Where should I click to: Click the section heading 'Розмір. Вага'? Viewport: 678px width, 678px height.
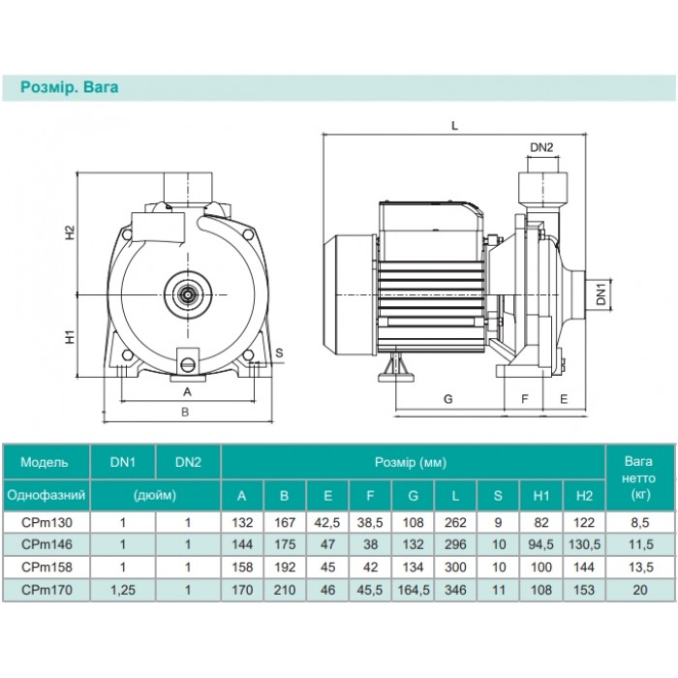tap(69, 87)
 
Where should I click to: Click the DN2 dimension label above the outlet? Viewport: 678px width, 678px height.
tap(541, 147)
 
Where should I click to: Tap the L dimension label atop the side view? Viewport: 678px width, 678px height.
tap(454, 126)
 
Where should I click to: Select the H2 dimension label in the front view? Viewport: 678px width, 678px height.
tap(70, 232)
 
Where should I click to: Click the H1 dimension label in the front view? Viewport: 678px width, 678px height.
tap(70, 337)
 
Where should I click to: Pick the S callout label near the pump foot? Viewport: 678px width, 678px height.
tap(279, 353)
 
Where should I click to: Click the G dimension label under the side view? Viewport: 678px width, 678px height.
tap(448, 399)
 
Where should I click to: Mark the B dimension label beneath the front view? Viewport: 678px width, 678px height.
tap(185, 412)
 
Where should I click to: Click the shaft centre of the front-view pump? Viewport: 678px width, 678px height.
tap(188, 294)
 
